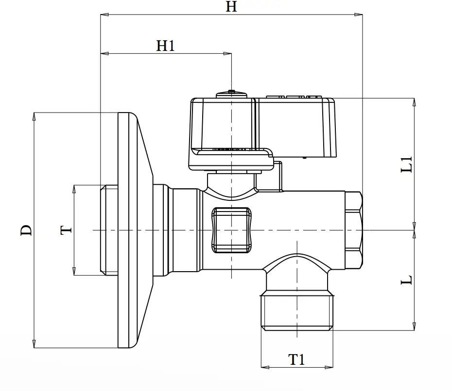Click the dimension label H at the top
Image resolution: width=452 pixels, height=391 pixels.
(x=231, y=6)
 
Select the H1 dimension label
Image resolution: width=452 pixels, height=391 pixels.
(x=165, y=46)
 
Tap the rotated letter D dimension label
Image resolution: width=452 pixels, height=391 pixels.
(x=26, y=230)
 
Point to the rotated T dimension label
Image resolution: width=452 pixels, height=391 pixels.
(x=66, y=230)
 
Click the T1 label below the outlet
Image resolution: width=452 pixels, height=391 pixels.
(x=296, y=359)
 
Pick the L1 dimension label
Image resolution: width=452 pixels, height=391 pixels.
(x=407, y=164)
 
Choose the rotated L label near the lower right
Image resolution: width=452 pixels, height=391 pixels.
(x=407, y=280)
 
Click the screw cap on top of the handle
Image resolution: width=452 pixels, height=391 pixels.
(x=231, y=94)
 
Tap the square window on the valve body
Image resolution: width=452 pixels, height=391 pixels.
(x=231, y=230)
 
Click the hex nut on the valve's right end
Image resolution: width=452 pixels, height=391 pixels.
(x=354, y=230)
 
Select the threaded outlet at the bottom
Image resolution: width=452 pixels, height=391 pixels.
(x=297, y=312)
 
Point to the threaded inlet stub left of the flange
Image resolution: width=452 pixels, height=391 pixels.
(x=109, y=230)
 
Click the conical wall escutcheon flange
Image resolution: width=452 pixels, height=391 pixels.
(x=135, y=230)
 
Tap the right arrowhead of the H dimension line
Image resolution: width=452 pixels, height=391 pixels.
(x=359, y=15)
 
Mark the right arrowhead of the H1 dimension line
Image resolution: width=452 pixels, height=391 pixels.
(x=227, y=53)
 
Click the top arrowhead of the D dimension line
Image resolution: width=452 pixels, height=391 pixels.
(x=34, y=116)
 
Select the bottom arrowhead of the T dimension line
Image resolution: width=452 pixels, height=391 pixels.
(x=74, y=271)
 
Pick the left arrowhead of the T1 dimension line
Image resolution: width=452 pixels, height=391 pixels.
(x=265, y=367)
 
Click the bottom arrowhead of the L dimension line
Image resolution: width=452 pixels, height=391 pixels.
(x=414, y=326)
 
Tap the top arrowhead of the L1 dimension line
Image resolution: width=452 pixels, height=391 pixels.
(x=414, y=102)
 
